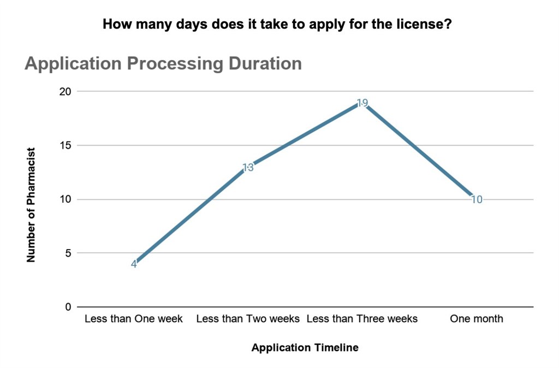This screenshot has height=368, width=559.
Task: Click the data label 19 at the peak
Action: click(x=362, y=103)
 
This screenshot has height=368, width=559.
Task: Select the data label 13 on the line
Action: click(x=248, y=168)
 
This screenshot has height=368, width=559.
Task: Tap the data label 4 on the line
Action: click(x=134, y=264)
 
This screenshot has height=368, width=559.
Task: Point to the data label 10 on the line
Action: click(x=477, y=200)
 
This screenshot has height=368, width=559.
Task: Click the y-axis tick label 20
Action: click(x=66, y=92)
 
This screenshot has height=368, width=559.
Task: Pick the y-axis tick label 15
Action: click(x=66, y=146)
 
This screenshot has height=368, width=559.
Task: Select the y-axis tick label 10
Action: click(x=66, y=199)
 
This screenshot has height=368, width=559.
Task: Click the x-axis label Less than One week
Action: click(x=134, y=319)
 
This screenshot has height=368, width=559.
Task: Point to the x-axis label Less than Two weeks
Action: click(x=248, y=319)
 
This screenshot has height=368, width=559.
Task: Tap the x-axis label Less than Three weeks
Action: click(x=362, y=319)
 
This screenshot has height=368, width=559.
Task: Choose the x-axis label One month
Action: click(x=477, y=319)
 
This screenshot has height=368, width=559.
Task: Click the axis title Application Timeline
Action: click(x=305, y=348)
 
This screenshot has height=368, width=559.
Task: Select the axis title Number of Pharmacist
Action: click(x=31, y=204)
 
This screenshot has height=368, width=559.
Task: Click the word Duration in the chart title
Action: click(x=265, y=63)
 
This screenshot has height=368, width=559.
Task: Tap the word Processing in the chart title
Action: click(x=175, y=63)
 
